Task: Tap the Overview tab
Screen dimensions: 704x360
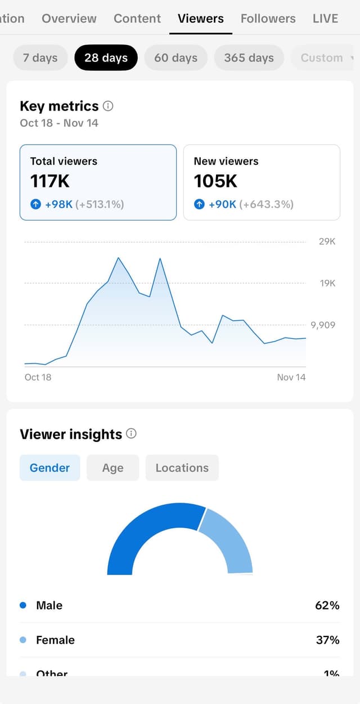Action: coord(69,19)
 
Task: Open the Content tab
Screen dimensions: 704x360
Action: coord(137,19)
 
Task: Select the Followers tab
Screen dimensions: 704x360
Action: coord(268,19)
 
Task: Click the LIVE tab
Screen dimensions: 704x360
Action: coord(325,19)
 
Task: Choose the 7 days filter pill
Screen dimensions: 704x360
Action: coord(40,57)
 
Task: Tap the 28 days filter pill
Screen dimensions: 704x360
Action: coord(106,57)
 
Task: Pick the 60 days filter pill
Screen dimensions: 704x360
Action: coord(175,57)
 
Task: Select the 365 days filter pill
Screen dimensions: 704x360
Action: coord(249,57)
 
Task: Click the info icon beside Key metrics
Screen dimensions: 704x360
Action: coord(109,106)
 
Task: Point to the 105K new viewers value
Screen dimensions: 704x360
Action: coord(215,181)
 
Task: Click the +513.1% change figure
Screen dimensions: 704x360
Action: coord(100,204)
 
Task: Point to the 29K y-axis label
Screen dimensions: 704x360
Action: coord(327,241)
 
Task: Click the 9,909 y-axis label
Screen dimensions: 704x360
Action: coord(323,325)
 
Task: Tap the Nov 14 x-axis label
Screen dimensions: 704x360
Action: coord(291,377)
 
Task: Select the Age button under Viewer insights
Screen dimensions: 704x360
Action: coord(112,468)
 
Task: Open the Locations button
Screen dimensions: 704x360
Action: coord(182,468)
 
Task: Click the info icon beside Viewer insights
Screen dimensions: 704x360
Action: coord(132,434)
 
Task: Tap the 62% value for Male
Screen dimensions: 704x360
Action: coord(327,606)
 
